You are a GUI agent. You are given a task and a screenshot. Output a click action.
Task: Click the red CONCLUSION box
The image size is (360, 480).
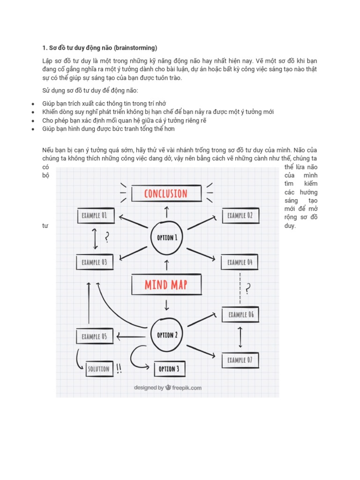pyautogui.click(x=166, y=193)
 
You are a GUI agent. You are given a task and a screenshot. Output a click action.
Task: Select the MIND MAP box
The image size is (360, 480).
pyautogui.click(x=166, y=285)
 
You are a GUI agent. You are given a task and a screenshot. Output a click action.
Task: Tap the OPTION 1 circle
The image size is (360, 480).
pyautogui.click(x=167, y=237)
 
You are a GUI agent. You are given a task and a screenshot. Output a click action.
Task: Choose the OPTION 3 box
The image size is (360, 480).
pyautogui.click(x=169, y=369)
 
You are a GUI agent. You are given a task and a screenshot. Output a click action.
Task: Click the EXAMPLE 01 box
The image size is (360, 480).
pyautogui.click(x=94, y=216)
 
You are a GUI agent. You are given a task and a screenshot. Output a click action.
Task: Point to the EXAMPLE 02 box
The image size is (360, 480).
pyautogui.click(x=240, y=216)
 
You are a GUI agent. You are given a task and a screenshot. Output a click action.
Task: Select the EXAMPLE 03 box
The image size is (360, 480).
pyautogui.click(x=94, y=262)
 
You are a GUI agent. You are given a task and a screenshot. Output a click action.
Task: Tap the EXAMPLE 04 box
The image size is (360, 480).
pyautogui.click(x=240, y=262)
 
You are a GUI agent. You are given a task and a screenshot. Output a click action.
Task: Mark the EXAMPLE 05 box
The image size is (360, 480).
pyautogui.click(x=94, y=336)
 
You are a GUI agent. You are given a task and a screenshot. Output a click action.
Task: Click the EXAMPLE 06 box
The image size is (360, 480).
pyautogui.click(x=241, y=315)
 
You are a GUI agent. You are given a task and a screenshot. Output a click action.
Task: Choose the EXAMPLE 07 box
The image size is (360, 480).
pyautogui.click(x=240, y=360)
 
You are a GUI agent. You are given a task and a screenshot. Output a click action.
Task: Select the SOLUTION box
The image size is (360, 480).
pyautogui.click(x=98, y=369)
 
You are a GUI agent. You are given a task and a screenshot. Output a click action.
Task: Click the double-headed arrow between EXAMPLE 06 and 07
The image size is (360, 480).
pyautogui.click(x=240, y=337)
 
